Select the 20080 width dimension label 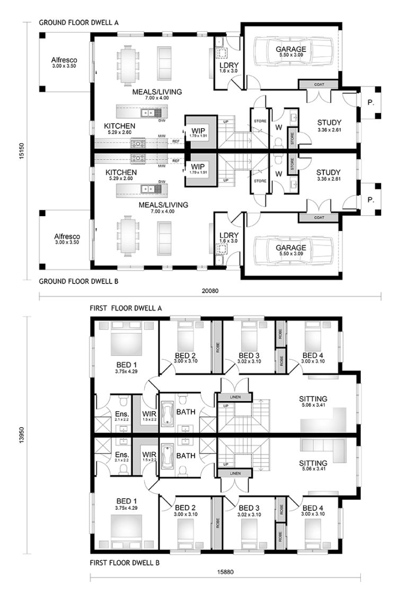[210, 290]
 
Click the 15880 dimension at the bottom [225, 572]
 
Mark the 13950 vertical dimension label [22, 434]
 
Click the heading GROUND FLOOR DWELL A [78, 23]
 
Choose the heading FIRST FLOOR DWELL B [125, 562]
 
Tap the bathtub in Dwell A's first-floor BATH [169, 413]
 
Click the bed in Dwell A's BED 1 [127, 342]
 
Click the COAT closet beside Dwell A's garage [318, 84]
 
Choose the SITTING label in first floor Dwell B [313, 462]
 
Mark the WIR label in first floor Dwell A [148, 414]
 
